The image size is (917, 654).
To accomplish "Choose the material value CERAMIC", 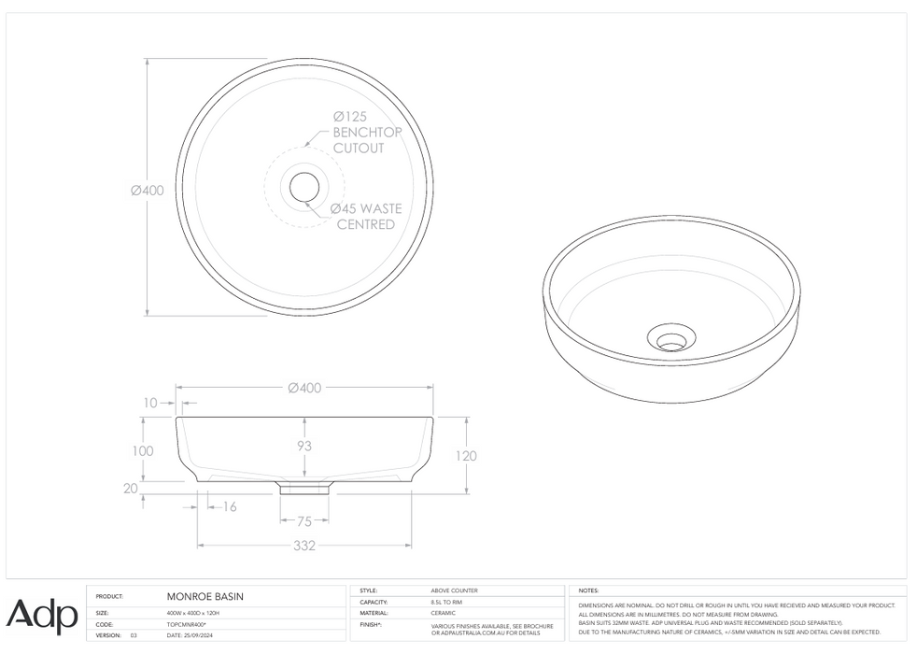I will coord(443,613).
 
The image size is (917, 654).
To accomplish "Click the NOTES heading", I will coord(589,590).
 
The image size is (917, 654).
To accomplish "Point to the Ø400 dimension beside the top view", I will coord(148,191).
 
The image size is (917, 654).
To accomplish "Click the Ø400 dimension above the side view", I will coord(305,388).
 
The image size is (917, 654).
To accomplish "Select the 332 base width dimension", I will coord(304,546).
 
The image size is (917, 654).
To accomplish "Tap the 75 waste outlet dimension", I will coord(304,521).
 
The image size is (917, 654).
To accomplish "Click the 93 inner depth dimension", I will coord(304,446).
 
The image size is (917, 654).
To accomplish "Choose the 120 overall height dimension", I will coord(467,456).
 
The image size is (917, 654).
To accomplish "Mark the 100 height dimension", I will coord(141,450).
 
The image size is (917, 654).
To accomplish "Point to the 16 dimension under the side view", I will coord(229,506).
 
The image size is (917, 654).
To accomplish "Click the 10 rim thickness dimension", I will coord(151,403).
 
